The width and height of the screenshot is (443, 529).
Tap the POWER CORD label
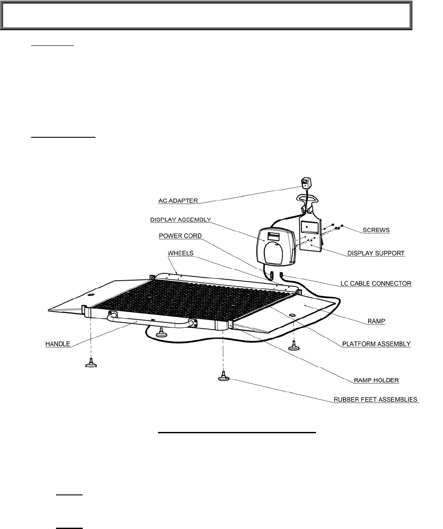pos(180,236)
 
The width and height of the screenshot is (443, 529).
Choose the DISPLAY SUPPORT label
pos(376,253)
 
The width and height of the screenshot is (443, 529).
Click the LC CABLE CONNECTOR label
pos(376,283)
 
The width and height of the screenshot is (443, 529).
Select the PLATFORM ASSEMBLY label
pos(376,344)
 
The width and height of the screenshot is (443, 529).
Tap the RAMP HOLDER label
pos(376,380)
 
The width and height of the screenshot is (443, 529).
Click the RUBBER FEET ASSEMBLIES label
pos(376,400)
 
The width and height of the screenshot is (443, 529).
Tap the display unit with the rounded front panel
pos(276,247)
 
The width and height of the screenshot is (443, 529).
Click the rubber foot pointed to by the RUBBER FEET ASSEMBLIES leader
pos(224,376)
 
